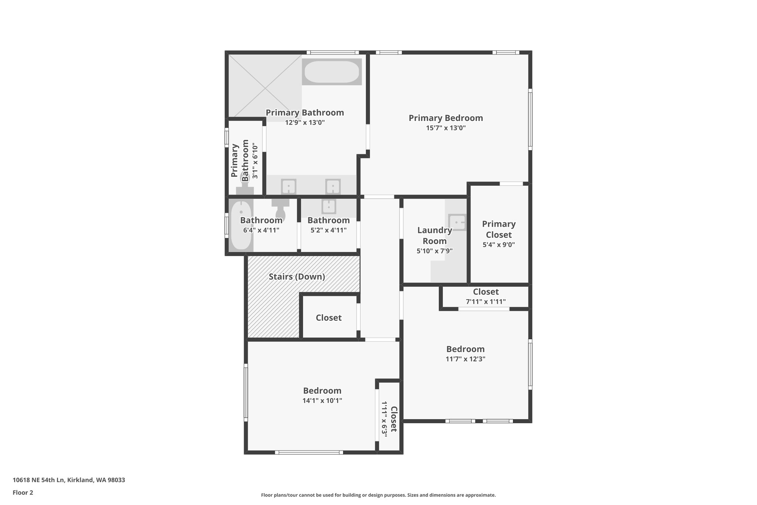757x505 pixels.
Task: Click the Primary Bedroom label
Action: tap(445, 118)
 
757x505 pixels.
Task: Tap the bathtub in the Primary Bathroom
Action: tap(332, 72)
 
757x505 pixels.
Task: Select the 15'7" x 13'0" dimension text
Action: tap(445, 128)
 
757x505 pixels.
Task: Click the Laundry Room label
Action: tap(434, 236)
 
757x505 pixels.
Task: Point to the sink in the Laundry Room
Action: tap(457, 222)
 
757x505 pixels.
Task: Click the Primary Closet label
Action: tap(499, 229)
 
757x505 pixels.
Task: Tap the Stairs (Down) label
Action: tap(297, 277)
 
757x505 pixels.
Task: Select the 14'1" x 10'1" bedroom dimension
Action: tap(322, 400)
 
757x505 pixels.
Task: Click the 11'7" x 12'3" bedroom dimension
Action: tap(465, 359)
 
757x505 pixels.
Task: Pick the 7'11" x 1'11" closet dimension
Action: tap(486, 302)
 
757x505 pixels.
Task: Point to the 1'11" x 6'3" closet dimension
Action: tap(384, 419)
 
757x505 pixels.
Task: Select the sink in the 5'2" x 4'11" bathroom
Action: tap(329, 206)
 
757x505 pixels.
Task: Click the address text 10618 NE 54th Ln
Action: tap(69, 480)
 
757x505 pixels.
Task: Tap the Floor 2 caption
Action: tap(23, 492)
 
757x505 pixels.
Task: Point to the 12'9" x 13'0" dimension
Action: tap(305, 122)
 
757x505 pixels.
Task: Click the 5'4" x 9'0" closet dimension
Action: tap(499, 245)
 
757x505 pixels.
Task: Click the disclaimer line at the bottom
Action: tap(378, 495)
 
